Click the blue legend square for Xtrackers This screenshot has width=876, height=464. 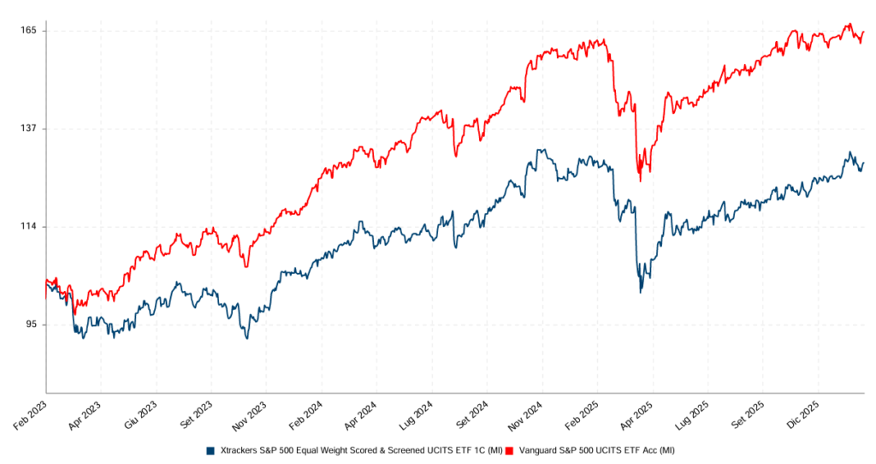[210, 450]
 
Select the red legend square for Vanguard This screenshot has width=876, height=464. [509, 450]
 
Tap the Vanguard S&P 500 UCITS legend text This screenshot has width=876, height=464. [595, 450]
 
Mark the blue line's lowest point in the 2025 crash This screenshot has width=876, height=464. [640, 292]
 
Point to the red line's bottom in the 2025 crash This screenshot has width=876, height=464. [640, 180]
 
